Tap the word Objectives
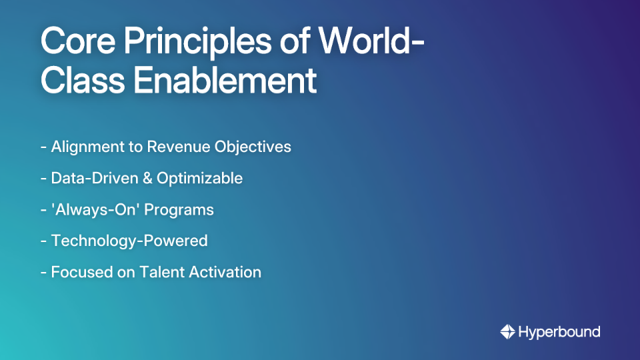coord(253,147)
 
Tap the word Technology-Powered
coord(129,241)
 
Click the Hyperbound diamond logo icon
coord(507,331)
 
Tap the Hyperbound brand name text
coord(559,331)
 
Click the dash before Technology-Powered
coord(43,241)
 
